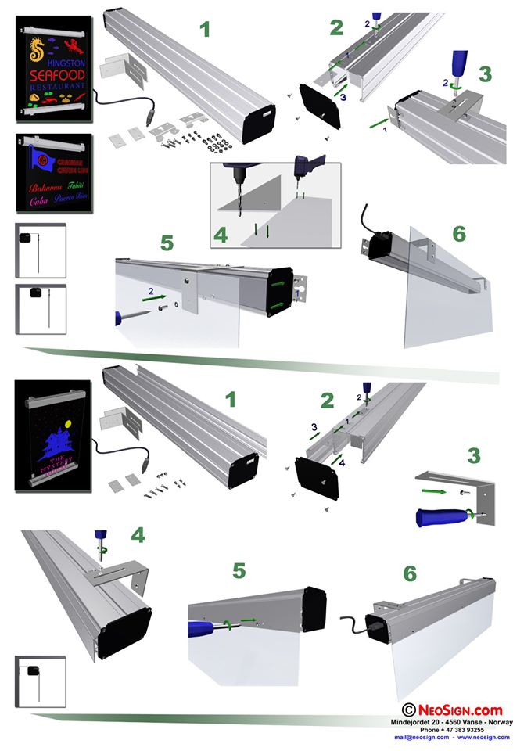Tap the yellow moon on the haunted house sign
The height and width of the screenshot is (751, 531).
68,423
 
